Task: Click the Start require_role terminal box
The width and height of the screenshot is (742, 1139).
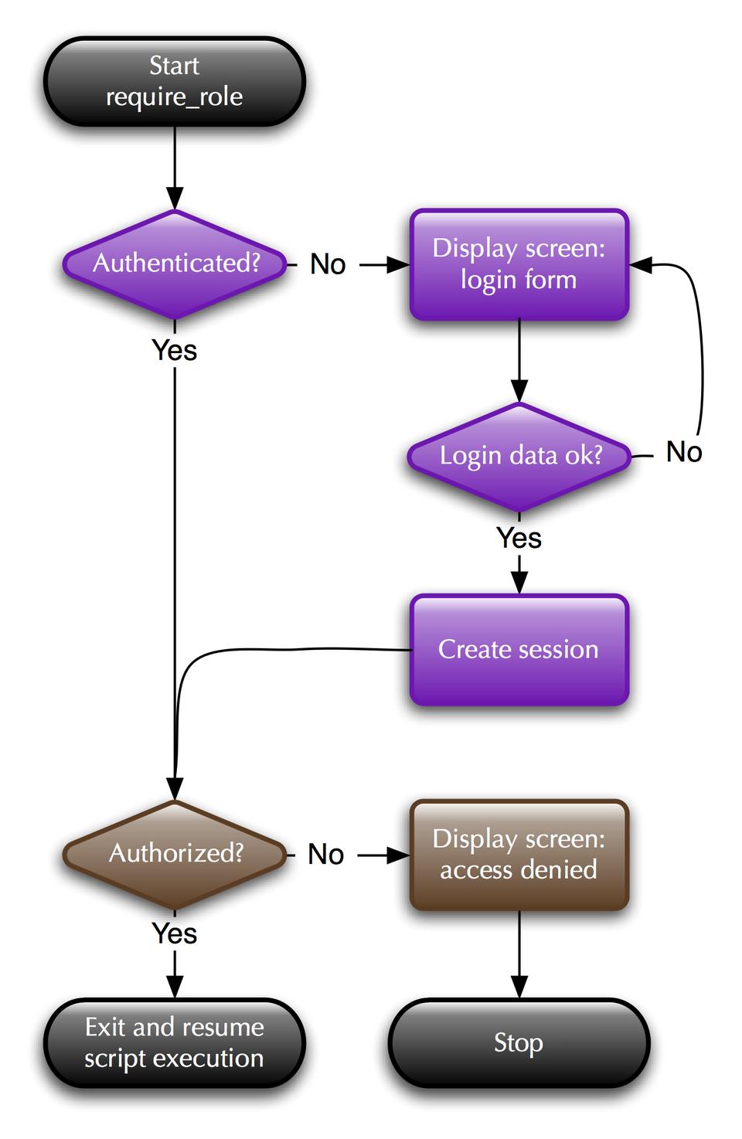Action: (175, 81)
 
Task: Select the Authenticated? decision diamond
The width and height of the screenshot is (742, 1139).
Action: (175, 263)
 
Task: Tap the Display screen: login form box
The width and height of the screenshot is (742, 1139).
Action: (519, 264)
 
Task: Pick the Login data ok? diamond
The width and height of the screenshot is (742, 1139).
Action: (519, 456)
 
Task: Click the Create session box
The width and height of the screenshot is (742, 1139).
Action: (519, 649)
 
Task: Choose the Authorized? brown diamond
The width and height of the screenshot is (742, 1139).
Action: (175, 854)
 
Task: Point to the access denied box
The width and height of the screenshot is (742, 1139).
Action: (519, 855)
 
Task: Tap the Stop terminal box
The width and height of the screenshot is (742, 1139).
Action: (519, 1043)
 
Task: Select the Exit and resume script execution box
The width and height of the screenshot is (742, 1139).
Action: (175, 1043)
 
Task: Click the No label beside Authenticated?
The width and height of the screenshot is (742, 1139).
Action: (328, 264)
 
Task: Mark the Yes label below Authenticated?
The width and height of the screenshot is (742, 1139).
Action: (175, 350)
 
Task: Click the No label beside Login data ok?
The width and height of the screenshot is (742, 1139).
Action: (684, 452)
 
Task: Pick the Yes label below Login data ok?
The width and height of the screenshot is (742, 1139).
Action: (519, 538)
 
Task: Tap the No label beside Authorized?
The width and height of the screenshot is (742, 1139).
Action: (326, 855)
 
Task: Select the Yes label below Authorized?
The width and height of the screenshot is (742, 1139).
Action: (175, 933)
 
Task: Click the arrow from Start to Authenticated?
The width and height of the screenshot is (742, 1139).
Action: (175, 166)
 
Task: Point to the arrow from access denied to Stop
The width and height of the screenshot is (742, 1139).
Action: (519, 954)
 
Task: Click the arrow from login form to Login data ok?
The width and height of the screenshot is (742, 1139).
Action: (519, 359)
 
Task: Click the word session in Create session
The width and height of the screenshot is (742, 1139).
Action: (561, 649)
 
